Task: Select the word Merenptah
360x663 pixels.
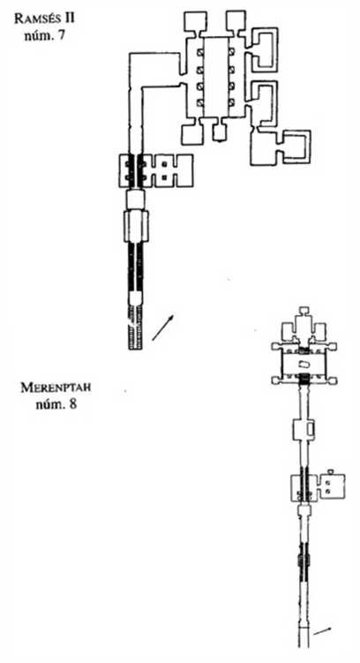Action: (56, 388)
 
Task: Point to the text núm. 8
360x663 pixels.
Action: (56, 404)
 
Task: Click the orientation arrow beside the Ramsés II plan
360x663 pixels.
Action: (162, 328)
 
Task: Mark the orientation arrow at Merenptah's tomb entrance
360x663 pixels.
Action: (323, 630)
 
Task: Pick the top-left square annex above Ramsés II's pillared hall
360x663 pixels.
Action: (193, 22)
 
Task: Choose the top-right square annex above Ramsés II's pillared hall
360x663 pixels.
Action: (236, 22)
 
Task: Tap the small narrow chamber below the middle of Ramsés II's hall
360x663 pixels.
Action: (219, 131)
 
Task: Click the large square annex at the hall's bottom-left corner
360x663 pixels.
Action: (192, 133)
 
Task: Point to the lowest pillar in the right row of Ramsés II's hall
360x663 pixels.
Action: (231, 102)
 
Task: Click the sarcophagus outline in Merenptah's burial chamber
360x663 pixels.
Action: (303, 364)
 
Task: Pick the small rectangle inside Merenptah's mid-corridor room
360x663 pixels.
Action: (310, 429)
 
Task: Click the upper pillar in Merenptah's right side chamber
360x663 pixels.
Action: (327, 482)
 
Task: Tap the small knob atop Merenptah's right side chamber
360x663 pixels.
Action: (332, 471)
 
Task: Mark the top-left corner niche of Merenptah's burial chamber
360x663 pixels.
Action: (276, 346)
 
